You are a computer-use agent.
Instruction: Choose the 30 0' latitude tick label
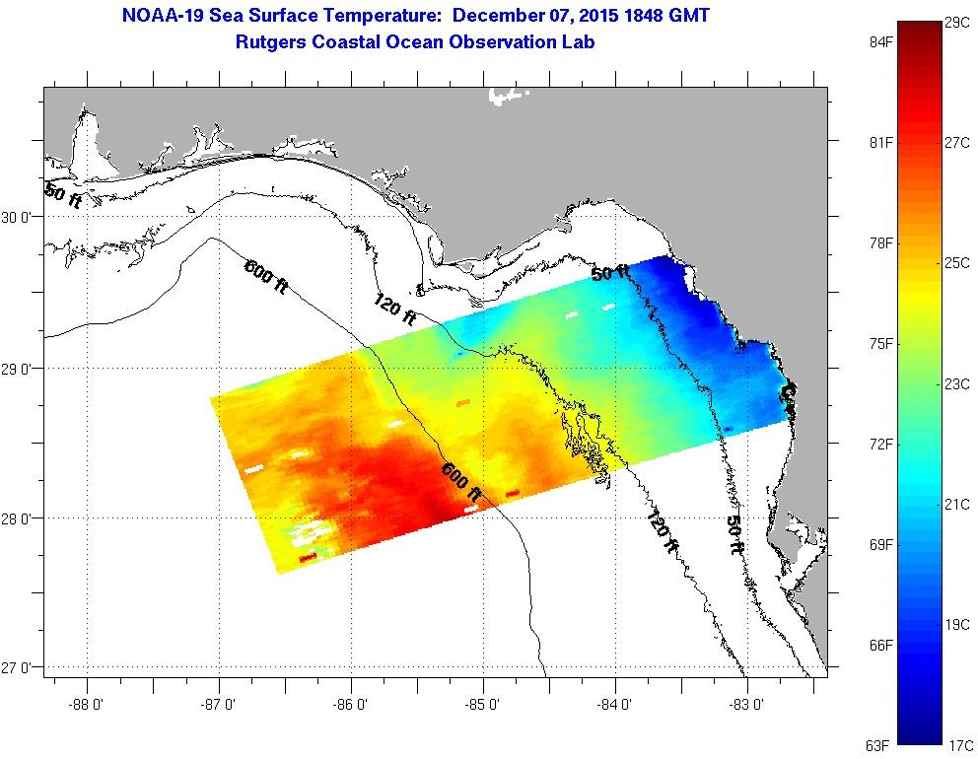pos(20,218)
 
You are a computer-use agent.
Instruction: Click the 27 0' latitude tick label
pos(20,668)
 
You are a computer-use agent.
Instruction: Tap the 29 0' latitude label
pos(20,369)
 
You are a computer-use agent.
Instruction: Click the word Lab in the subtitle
pos(579,41)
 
